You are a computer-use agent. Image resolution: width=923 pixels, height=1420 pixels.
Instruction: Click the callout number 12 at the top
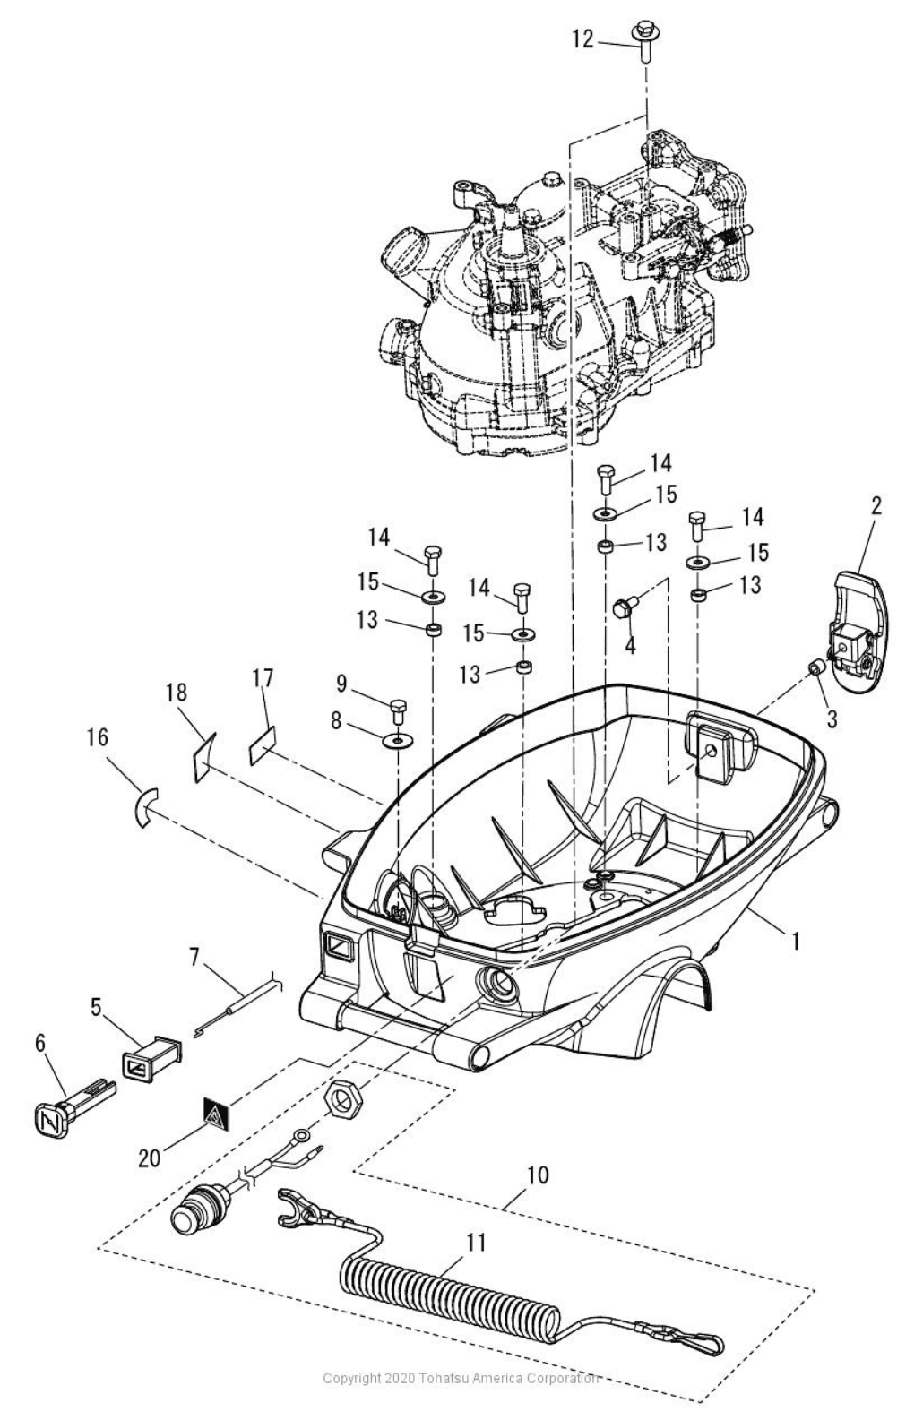pyautogui.click(x=582, y=40)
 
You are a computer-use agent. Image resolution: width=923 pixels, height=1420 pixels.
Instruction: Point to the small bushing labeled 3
pyautogui.click(x=817, y=667)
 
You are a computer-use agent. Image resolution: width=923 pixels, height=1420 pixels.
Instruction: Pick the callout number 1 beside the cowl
pyautogui.click(x=793, y=941)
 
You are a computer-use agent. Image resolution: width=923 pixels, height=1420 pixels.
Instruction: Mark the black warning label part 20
pyautogui.click(x=214, y=1113)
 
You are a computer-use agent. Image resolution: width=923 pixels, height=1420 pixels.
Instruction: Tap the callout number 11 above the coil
pyautogui.click(x=476, y=1243)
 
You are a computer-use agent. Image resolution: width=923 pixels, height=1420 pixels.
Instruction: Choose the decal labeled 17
pyautogui.click(x=261, y=744)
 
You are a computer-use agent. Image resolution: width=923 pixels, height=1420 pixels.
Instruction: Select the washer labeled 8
pyautogui.click(x=395, y=740)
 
